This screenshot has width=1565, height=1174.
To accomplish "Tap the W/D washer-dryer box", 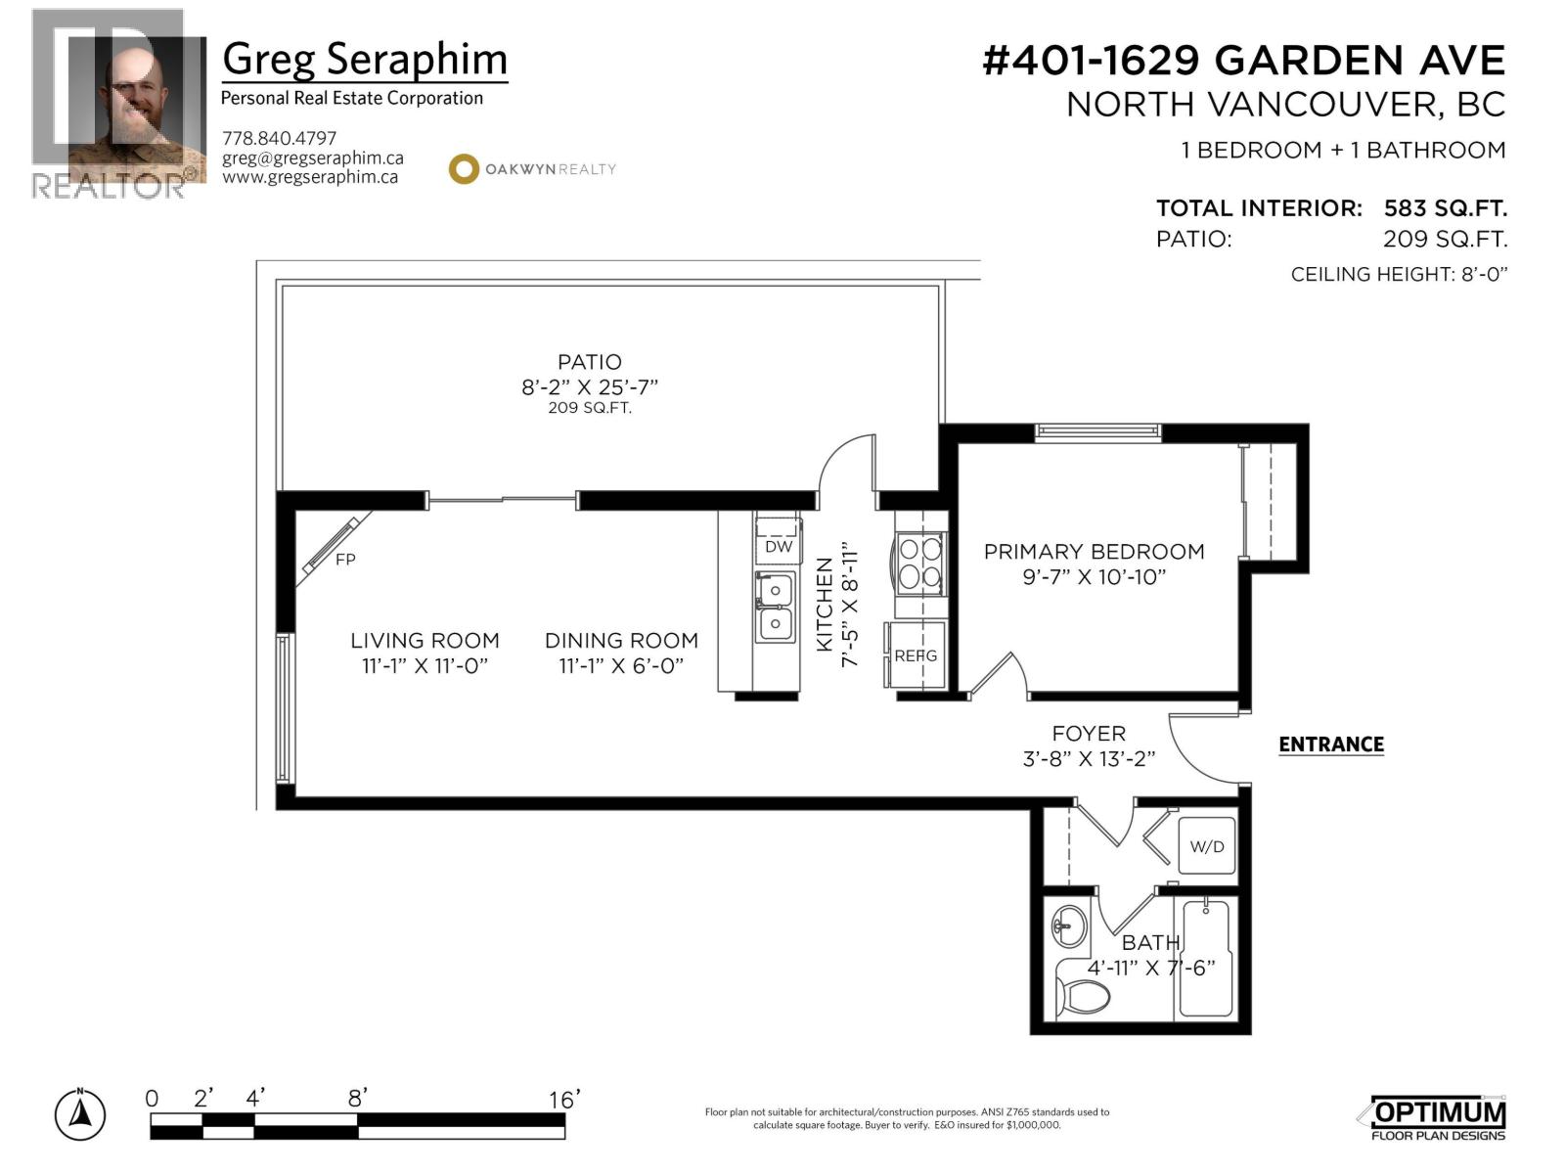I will click(x=1206, y=846).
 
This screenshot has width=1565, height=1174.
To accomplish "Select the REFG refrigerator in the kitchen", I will click(x=916, y=655).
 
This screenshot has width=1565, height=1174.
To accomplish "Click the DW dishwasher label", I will click(x=779, y=546).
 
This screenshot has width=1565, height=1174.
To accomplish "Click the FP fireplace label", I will click(x=345, y=560).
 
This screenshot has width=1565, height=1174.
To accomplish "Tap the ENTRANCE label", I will click(x=1330, y=745).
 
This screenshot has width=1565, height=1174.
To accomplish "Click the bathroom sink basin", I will click(x=1069, y=925).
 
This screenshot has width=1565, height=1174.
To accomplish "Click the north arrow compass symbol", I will click(x=80, y=1114).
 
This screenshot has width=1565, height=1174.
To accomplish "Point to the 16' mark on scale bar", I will click(x=564, y=1100).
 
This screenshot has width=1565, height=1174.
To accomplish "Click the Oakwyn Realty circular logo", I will click(x=463, y=168).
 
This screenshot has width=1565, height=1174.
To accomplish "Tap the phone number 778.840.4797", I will click(x=279, y=138).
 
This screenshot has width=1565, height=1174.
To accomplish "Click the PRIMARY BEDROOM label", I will click(x=1094, y=552).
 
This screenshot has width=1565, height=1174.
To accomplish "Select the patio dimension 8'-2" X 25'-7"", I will click(x=589, y=386).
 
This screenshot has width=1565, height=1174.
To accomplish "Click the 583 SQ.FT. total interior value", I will click(x=1445, y=208).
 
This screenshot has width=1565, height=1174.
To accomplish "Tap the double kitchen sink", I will click(x=775, y=608).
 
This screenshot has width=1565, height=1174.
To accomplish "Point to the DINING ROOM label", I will click(x=621, y=641).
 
